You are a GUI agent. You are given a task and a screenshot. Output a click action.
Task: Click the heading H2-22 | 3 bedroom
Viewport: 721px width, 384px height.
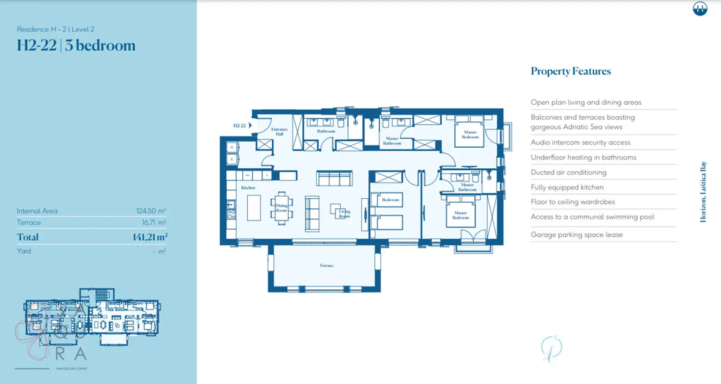click(76, 45)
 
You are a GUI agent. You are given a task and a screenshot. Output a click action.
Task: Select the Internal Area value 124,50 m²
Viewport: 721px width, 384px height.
click(151, 211)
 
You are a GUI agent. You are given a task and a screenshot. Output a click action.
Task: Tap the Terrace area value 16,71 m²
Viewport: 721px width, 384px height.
click(153, 223)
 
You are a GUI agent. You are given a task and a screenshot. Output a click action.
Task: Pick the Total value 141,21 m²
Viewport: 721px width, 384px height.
click(149, 237)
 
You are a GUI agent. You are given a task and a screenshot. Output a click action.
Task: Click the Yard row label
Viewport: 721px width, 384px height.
click(24, 251)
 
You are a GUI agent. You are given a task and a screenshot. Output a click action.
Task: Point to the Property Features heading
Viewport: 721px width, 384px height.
click(570, 71)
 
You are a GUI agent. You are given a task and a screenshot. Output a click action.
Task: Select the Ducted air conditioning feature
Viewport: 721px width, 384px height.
click(568, 173)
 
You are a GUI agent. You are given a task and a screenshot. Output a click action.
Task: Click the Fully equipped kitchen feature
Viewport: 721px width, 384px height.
click(567, 188)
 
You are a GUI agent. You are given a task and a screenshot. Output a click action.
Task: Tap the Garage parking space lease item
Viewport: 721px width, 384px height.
click(576, 235)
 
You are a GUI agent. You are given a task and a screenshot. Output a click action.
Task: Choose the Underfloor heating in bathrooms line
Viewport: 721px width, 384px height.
click(583, 158)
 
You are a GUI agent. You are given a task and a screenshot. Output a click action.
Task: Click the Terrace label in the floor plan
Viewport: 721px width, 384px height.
click(326, 265)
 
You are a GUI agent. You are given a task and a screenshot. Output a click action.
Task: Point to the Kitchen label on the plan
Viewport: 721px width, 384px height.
click(248, 188)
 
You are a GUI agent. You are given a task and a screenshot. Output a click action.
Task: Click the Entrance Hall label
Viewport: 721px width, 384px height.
click(279, 132)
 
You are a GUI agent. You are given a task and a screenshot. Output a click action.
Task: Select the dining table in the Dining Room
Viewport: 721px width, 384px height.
click(281, 208)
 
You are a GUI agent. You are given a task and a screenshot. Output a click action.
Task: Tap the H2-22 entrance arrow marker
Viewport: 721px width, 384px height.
click(250, 126)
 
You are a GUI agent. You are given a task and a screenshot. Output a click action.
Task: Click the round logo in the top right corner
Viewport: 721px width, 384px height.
click(700, 8)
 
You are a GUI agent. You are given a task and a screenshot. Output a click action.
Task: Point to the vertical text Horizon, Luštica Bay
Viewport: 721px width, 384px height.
click(703, 192)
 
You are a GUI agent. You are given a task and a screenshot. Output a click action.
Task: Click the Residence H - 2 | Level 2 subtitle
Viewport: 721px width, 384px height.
click(55, 29)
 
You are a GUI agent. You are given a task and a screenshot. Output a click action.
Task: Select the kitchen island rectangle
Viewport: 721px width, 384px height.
click(253, 208)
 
